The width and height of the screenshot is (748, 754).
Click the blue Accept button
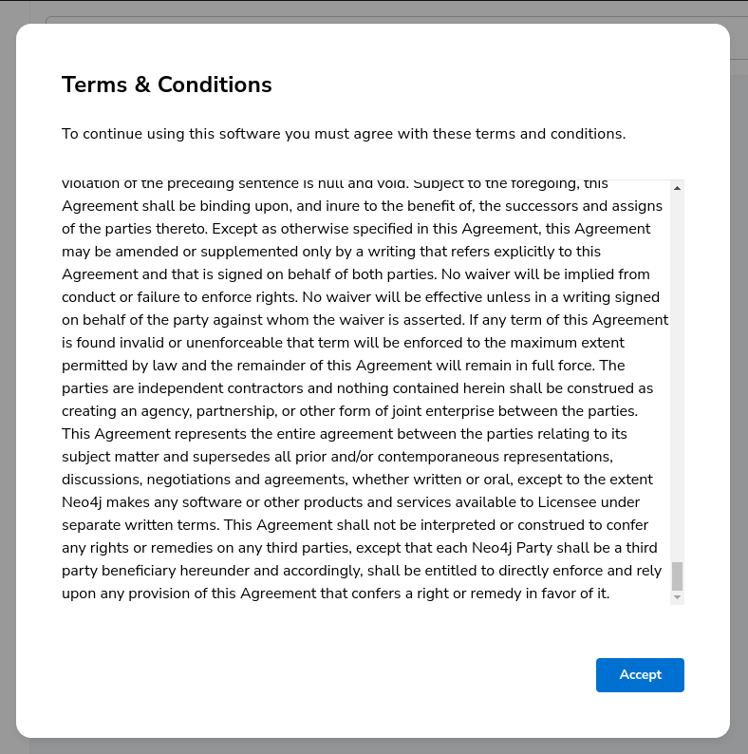pos(640,674)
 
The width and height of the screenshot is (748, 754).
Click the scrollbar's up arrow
pos(677,188)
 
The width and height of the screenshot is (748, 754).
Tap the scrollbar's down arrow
pos(677,597)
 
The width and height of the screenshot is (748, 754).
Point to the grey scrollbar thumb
pos(677,575)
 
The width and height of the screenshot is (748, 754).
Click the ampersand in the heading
pos(142,85)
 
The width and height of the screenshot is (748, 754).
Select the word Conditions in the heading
pos(215,85)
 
